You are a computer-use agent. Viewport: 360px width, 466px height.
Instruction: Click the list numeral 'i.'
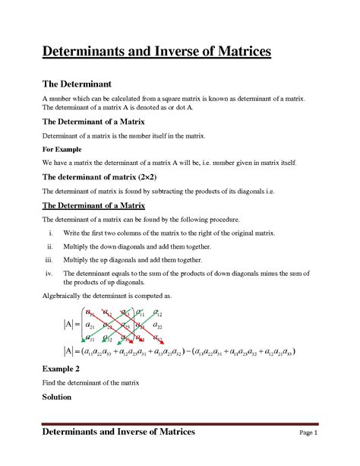pyautogui.click(x=51, y=233)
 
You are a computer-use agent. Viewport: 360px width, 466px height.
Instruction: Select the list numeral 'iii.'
pyautogui.click(x=48, y=260)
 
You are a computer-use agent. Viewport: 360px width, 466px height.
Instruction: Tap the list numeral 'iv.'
pyautogui.click(x=49, y=273)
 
